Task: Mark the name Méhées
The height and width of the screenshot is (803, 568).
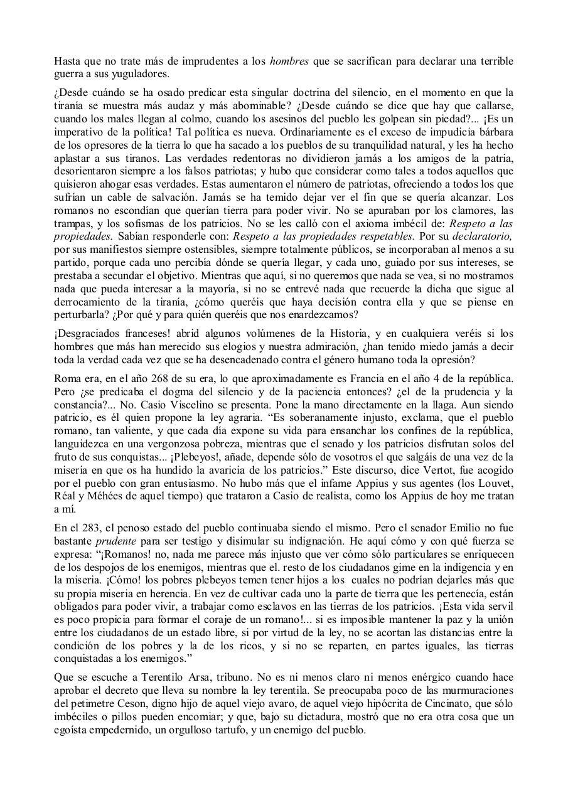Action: [x=114, y=496]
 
